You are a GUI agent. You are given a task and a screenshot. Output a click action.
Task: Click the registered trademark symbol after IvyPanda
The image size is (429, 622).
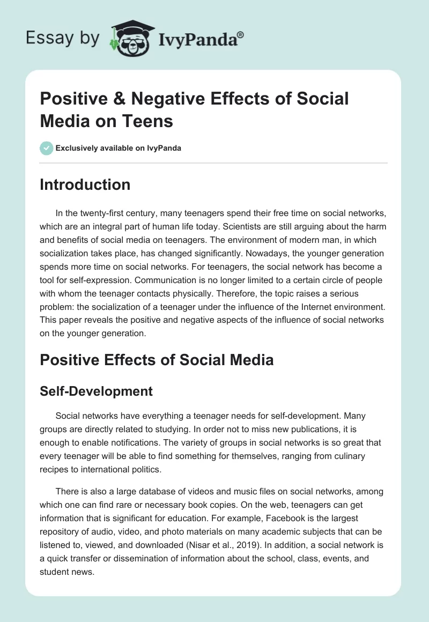(241, 34)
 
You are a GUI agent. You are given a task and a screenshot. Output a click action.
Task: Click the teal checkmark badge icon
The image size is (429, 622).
(47, 148)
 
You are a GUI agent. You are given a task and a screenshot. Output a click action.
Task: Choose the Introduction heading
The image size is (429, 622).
(85, 184)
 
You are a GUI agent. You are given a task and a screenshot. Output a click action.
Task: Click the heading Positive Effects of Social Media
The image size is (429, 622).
(157, 360)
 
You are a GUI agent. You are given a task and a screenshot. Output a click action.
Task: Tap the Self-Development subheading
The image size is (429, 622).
(96, 391)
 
